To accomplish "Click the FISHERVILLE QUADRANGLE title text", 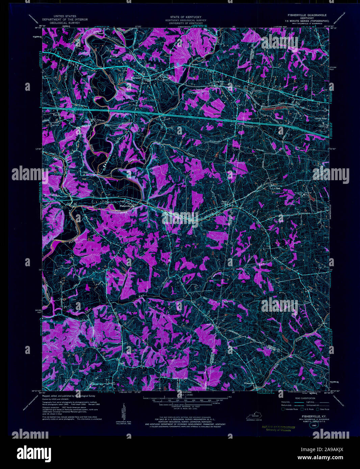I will (307, 15).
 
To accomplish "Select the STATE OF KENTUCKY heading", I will (186, 17).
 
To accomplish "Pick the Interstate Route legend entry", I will (290, 409).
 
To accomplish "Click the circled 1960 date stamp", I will (314, 426).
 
